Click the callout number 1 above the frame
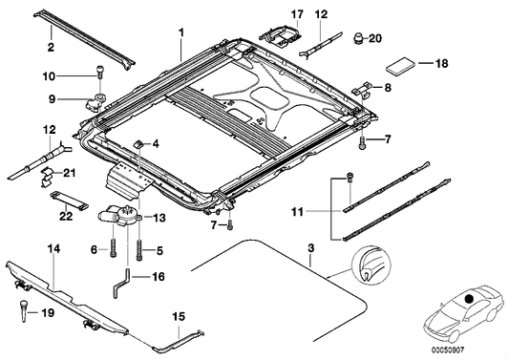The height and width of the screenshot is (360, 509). [x=178, y=32]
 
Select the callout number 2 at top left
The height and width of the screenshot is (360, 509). [x=50, y=44]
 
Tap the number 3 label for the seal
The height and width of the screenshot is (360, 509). [x=310, y=249]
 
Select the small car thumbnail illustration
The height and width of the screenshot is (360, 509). [x=465, y=310]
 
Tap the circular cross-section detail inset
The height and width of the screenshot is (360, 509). [x=371, y=270]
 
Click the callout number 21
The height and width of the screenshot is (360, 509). [x=69, y=172]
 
